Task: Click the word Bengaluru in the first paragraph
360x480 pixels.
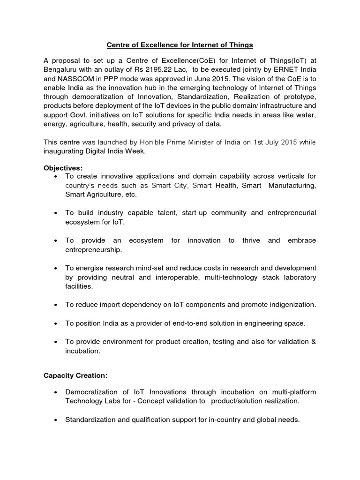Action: [x=60, y=69]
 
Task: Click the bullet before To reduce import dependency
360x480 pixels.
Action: [x=56, y=305]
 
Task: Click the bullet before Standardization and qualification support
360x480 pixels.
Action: [x=56, y=420]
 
